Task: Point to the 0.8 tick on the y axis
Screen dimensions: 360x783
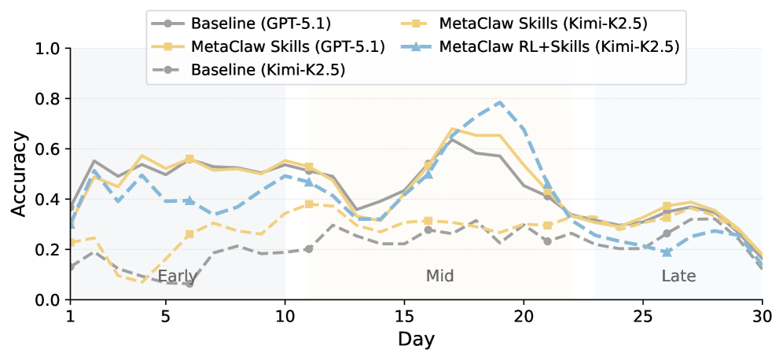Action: pyautogui.click(x=50, y=98)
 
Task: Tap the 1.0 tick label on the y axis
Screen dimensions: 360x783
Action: pyautogui.click(x=50, y=48)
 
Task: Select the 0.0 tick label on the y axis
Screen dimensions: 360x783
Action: pyautogui.click(x=50, y=299)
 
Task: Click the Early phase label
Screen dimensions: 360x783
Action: pyautogui.click(x=178, y=277)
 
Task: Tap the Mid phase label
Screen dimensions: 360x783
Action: pyautogui.click(x=440, y=277)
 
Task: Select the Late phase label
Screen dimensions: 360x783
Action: pyautogui.click(x=678, y=277)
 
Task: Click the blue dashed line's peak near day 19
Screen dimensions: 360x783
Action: pyautogui.click(x=500, y=102)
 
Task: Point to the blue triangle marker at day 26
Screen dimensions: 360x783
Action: pyautogui.click(x=667, y=252)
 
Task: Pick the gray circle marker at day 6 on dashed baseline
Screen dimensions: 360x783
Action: pyautogui.click(x=189, y=283)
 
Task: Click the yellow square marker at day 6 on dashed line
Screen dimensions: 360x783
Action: pyautogui.click(x=189, y=234)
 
